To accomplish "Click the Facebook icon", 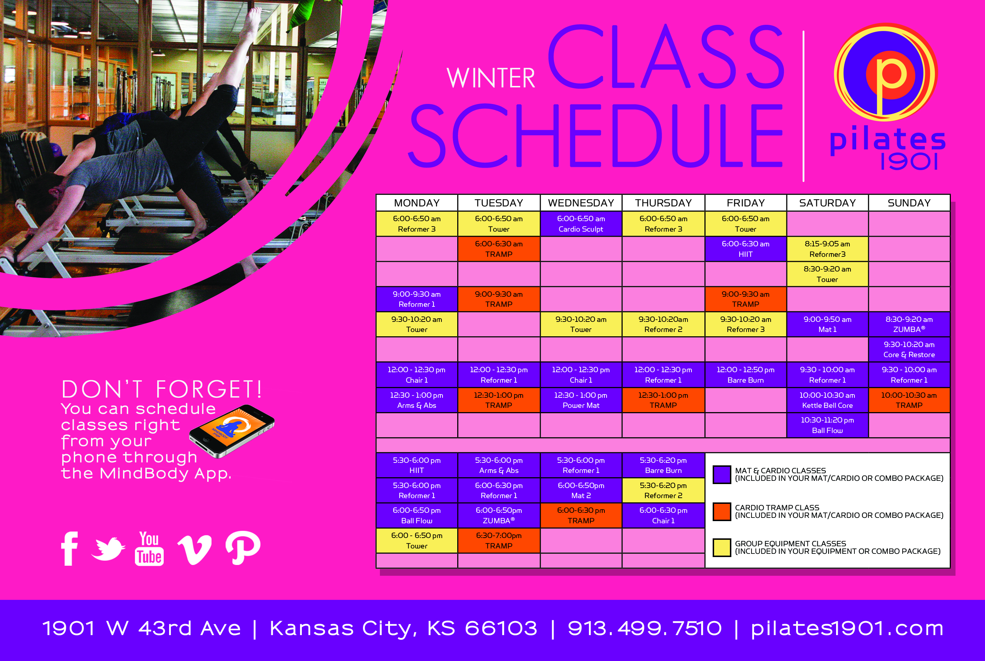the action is click(69, 548).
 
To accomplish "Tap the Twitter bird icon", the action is click(108, 549).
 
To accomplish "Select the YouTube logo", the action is click(149, 548).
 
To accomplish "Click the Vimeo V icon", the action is click(194, 550).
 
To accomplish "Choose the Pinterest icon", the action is click(242, 548).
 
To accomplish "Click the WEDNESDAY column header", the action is click(581, 203).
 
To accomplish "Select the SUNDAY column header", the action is click(909, 203).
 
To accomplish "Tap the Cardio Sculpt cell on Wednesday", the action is click(581, 224).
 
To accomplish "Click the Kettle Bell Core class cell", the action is click(827, 400).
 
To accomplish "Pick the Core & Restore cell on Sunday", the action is click(909, 350).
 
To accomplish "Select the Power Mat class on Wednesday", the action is click(581, 400).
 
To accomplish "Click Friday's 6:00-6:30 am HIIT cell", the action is click(745, 249).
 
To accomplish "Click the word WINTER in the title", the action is click(491, 78).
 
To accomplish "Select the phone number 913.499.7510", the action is click(645, 629).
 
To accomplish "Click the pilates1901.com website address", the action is click(847, 629).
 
